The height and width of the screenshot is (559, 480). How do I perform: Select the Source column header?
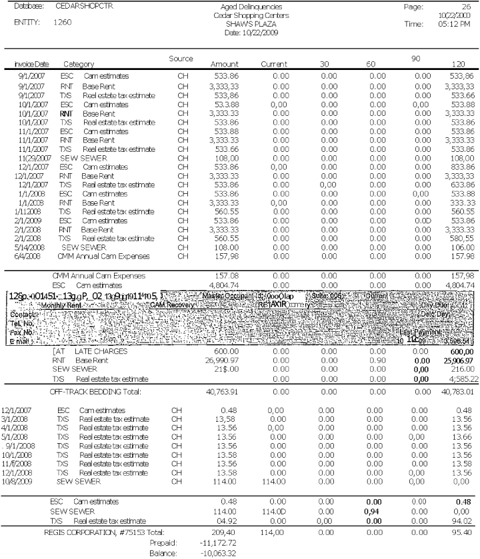pyautogui.click(x=181, y=59)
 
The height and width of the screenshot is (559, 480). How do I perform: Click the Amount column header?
pyautogui.click(x=225, y=64)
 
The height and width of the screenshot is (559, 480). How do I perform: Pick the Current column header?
pyautogui.click(x=273, y=64)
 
